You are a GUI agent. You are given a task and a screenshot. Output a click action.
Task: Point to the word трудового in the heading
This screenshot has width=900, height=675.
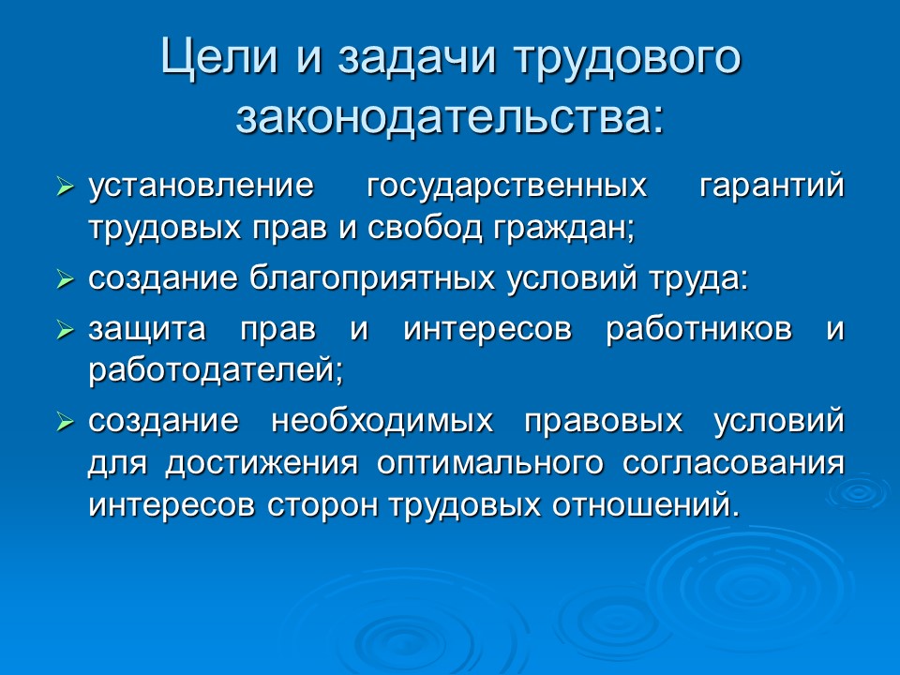[x=628, y=59]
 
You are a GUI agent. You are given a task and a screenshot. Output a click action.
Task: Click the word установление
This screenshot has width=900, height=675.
[x=200, y=186]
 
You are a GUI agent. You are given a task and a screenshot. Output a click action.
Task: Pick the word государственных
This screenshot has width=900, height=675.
[x=506, y=186]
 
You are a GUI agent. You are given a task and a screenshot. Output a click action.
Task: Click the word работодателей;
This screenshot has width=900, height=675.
[x=217, y=372]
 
